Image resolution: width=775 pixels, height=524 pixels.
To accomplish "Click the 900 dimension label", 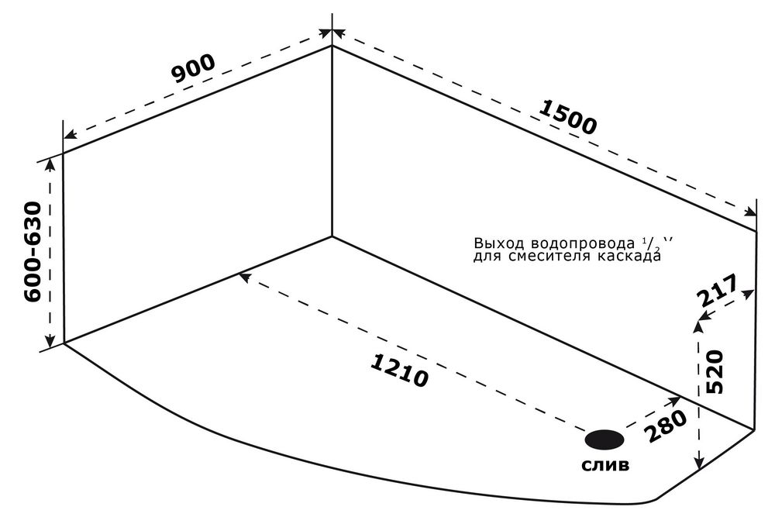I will tap(193, 71).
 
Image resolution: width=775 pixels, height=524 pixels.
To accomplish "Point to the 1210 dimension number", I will tap(399, 371).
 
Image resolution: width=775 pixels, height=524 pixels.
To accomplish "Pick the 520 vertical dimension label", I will tap(715, 371).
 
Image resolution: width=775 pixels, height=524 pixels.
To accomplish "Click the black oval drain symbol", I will tap(604, 440).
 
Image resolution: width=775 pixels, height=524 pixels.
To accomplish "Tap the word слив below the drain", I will tap(605, 466).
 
